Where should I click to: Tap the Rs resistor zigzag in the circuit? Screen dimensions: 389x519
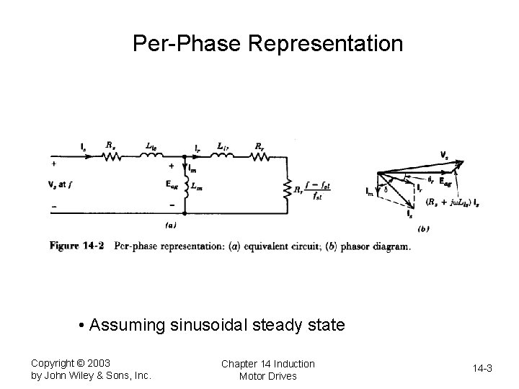tap(111, 156)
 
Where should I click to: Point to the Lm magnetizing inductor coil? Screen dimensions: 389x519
tap(186, 186)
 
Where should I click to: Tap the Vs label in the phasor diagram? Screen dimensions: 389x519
tap(444, 153)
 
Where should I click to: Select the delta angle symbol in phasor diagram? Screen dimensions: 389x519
tap(386, 189)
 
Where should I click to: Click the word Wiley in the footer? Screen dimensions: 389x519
tap(87, 375)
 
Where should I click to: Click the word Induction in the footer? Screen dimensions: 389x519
tap(295, 363)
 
